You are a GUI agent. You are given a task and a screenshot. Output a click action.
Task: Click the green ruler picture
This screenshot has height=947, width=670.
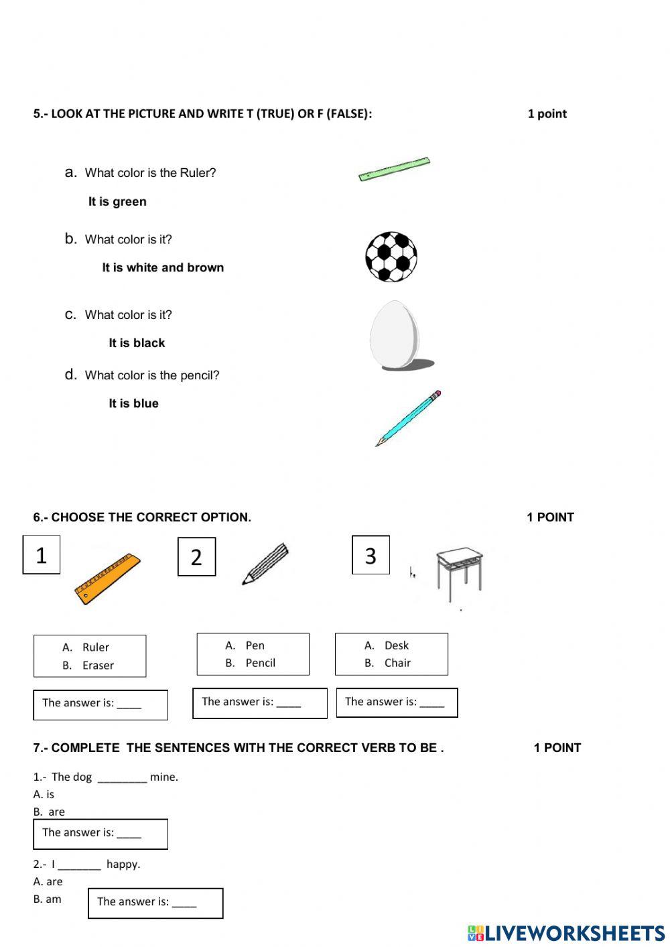[x=394, y=169]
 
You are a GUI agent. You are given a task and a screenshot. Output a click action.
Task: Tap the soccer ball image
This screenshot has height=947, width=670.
[x=391, y=257]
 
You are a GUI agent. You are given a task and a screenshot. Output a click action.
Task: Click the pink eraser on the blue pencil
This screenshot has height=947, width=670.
[x=438, y=394]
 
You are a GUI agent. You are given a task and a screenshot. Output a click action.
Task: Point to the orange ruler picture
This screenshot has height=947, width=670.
[x=108, y=578]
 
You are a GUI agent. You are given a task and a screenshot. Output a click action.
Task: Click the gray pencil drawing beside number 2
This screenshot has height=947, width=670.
[x=265, y=564]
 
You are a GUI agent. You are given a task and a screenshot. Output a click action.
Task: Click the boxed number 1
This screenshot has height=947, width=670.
[x=42, y=555]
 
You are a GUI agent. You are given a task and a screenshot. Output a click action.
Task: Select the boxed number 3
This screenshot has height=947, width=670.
[x=371, y=555]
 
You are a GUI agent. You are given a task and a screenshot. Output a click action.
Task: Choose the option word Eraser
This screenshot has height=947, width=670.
[x=98, y=666]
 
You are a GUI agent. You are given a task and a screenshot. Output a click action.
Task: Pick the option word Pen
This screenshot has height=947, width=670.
[x=255, y=645]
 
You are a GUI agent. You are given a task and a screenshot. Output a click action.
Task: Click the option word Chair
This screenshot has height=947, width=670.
[x=397, y=663]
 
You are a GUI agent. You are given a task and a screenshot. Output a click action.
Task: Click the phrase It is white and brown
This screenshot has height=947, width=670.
[x=163, y=267]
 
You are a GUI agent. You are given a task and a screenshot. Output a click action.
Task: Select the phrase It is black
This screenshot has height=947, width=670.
[x=137, y=343]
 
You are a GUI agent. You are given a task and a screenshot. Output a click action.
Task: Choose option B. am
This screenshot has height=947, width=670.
[x=48, y=899]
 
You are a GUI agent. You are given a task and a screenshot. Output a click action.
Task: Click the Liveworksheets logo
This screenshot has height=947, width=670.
[x=566, y=933]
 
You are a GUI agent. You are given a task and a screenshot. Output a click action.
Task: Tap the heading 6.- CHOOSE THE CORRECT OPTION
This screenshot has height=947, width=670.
[x=142, y=517]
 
